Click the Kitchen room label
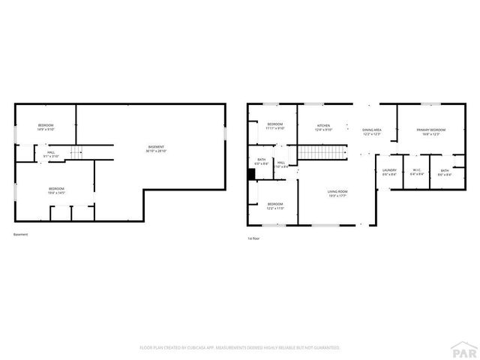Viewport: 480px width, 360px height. pos(323,127)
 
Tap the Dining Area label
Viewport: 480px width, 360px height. pos(372,132)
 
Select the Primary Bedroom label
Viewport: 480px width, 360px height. pos(432,132)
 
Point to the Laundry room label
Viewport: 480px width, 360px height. pos(389,172)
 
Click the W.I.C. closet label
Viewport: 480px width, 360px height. pos(418,172)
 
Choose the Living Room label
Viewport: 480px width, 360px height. pos(337,193)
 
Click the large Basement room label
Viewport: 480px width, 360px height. pos(155,148)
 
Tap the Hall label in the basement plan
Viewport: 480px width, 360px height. pos(51,154)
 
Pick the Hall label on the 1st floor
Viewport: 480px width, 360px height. pos(280,163)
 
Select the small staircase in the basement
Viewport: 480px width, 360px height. pos(76,152)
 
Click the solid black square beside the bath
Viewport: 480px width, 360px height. pos(252,174)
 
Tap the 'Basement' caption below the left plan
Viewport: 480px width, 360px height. pos(21,235)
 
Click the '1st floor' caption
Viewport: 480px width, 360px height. pos(253,238)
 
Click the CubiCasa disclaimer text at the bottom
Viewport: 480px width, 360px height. pos(240,348)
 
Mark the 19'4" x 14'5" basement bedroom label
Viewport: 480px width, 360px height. pos(57,190)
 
